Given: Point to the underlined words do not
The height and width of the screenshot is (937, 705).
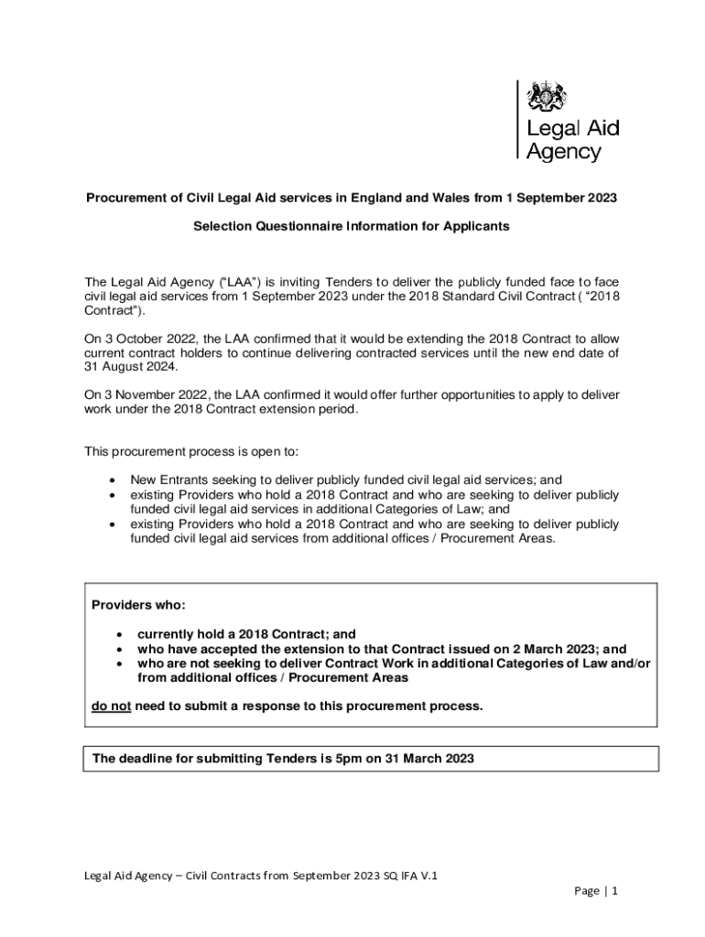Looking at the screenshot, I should pyautogui.click(x=111, y=706).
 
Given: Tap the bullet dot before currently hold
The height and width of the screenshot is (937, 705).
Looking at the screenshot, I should pyautogui.click(x=118, y=633).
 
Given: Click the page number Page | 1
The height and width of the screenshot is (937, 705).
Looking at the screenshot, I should pyautogui.click(x=597, y=890).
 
